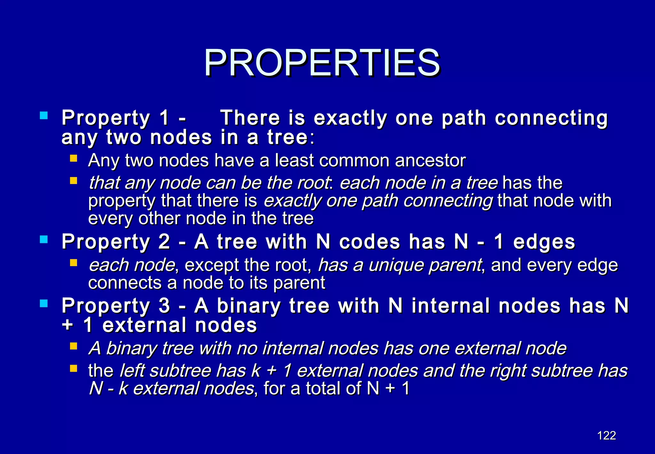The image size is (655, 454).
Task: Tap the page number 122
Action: coord(606,435)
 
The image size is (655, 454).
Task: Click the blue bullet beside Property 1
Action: coord(44,115)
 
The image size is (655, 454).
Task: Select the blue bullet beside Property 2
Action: coord(44,239)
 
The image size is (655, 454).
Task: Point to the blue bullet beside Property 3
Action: coord(44,303)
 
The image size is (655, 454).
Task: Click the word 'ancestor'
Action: coord(430,160)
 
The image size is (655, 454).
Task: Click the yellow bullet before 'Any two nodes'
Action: coord(74,158)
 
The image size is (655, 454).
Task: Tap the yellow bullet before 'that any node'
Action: coord(74,181)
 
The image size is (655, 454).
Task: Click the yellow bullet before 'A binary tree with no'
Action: coord(74,346)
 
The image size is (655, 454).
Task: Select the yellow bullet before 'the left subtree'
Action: coord(74,369)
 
